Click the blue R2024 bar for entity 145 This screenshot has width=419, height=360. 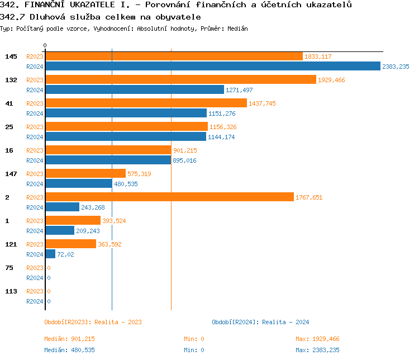[x=212, y=66]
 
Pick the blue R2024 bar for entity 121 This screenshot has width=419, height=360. [x=50, y=254]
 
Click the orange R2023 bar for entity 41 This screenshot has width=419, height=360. [x=146, y=103]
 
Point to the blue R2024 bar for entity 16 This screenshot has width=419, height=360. [x=108, y=160]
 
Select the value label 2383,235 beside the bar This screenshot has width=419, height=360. [x=396, y=67]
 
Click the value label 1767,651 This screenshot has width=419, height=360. [x=309, y=197]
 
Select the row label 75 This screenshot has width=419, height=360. [x=9, y=268]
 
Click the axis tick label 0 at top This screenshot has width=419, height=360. [x=45, y=45]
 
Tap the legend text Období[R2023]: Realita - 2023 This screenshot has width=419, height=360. [x=93, y=322]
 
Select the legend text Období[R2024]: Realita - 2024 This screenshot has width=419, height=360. [x=260, y=322]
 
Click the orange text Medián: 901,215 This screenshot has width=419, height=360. [x=73, y=339]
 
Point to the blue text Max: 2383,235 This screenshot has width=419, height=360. [x=317, y=350]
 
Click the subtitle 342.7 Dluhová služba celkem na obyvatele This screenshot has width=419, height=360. [x=101, y=17]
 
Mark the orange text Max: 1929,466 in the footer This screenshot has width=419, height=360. [x=317, y=339]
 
